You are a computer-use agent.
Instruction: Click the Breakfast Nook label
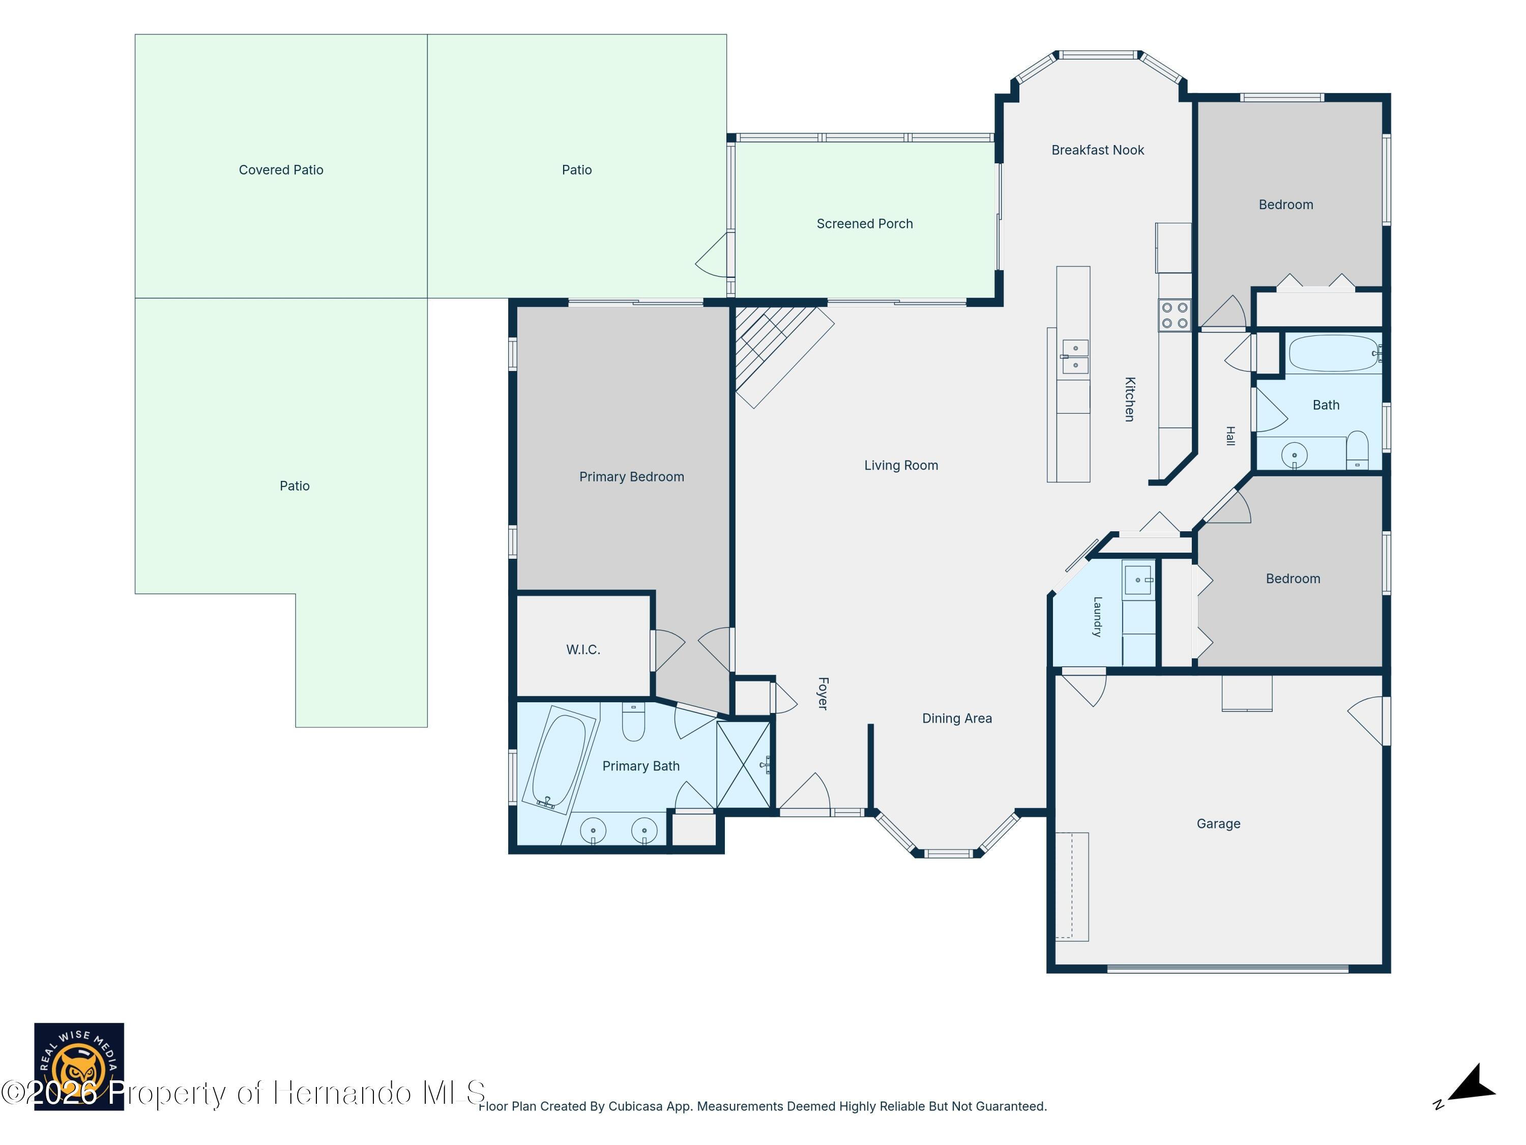click(x=1098, y=150)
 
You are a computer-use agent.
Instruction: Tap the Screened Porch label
click(x=864, y=223)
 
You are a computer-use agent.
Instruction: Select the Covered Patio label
click(x=281, y=170)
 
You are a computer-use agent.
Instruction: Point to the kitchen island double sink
click(x=1075, y=357)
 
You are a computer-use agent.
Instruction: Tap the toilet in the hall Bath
click(x=1358, y=450)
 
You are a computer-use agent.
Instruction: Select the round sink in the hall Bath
click(x=1294, y=455)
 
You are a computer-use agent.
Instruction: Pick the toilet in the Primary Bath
click(x=633, y=721)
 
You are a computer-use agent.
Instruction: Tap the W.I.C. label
click(x=583, y=649)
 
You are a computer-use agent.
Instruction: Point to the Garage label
click(x=1218, y=823)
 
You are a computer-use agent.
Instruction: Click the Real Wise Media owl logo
click(x=79, y=1066)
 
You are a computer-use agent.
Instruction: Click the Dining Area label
click(x=957, y=719)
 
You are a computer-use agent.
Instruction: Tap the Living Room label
click(x=901, y=465)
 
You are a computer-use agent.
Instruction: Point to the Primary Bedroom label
click(x=631, y=477)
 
